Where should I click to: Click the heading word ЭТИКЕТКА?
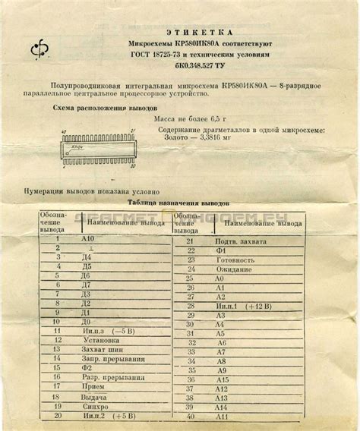click(x=190, y=33)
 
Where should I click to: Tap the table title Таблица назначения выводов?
click(x=178, y=204)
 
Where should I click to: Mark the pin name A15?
click(x=221, y=379)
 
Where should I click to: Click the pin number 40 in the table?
click(x=191, y=417)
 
